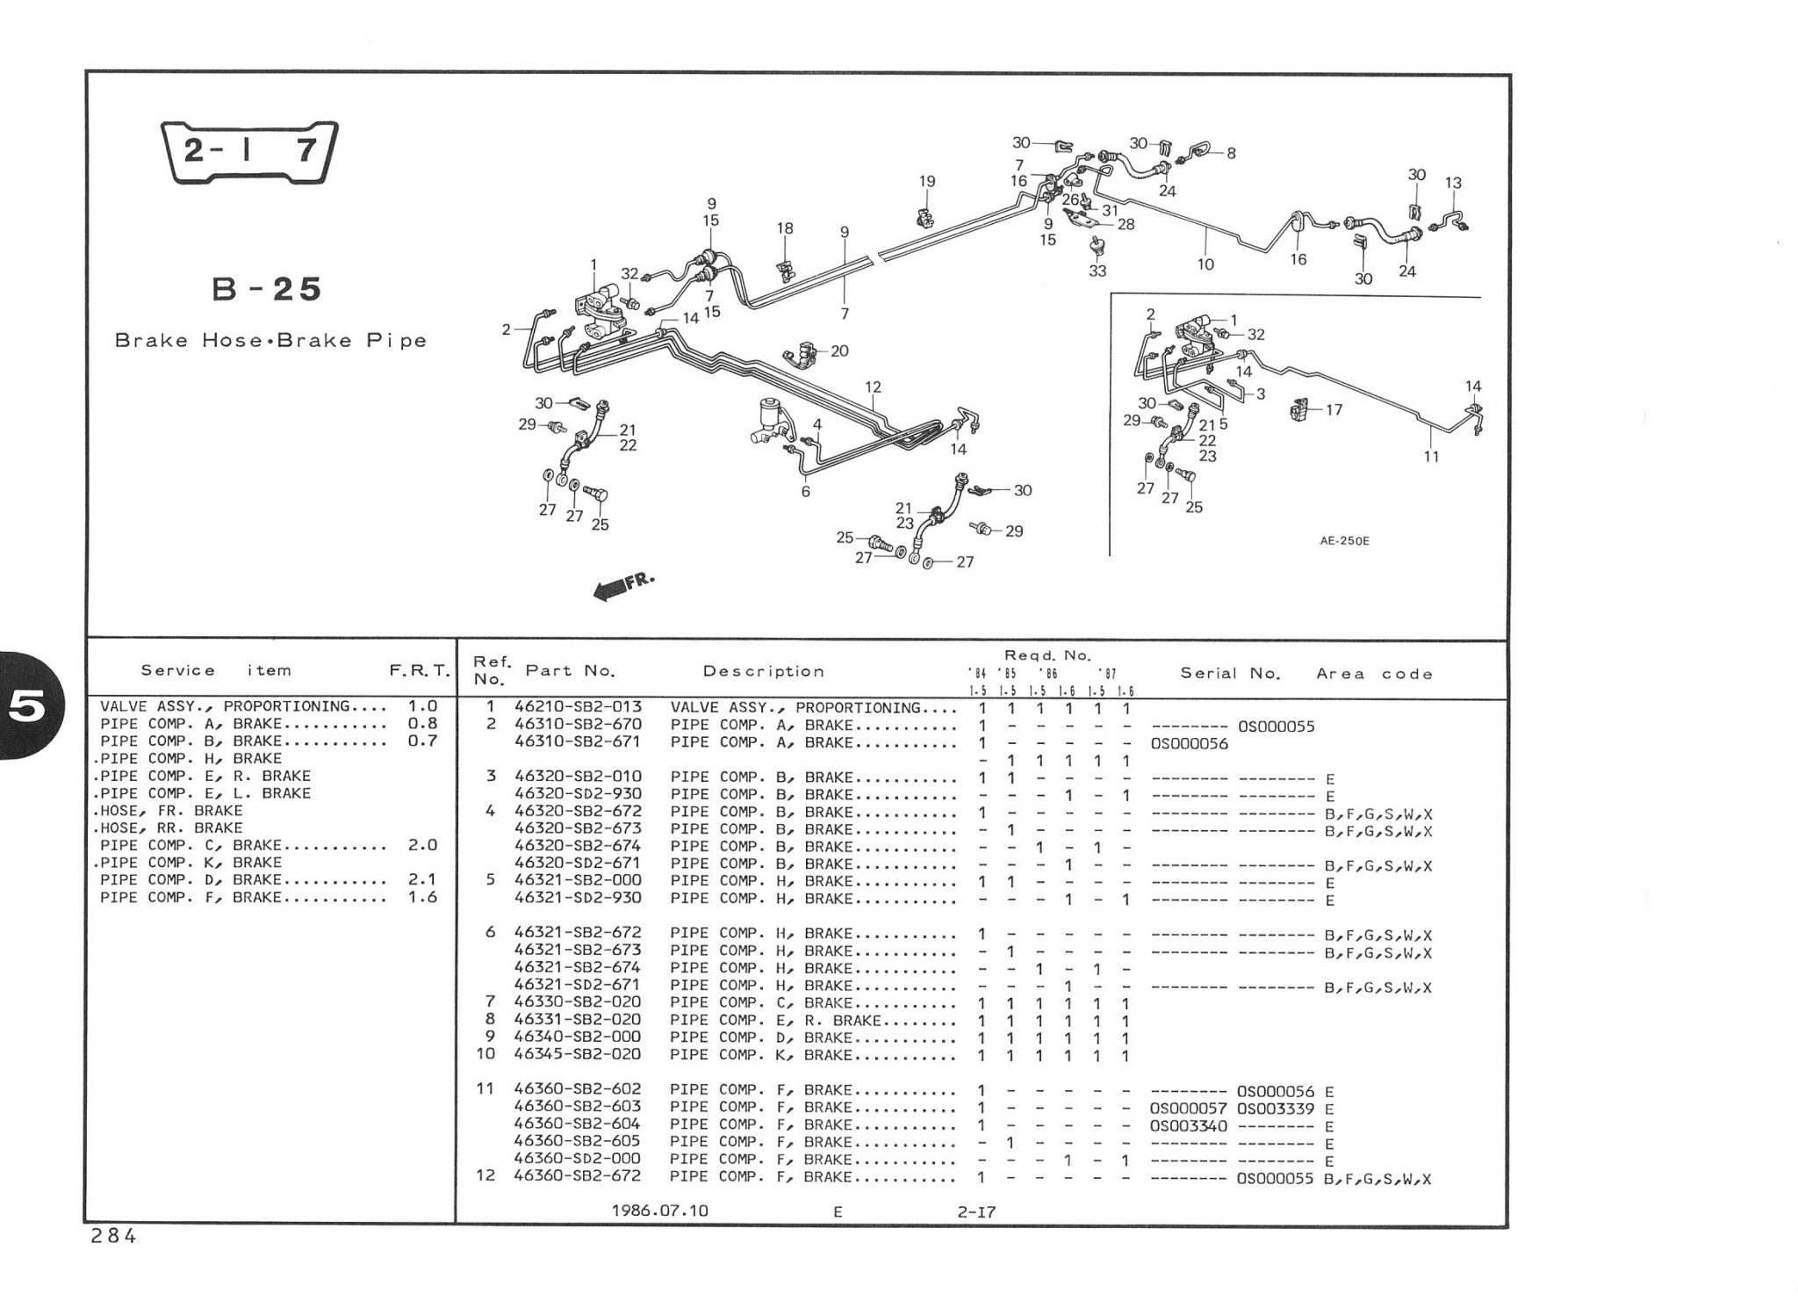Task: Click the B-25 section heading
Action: [x=268, y=289]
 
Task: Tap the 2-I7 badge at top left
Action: [x=250, y=152]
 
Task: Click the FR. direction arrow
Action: [x=624, y=587]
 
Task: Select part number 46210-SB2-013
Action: [x=578, y=707]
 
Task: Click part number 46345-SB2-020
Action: [x=578, y=1054]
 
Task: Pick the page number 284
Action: [x=113, y=1236]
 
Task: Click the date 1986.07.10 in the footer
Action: [x=660, y=1210]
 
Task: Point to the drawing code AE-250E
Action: [x=1344, y=541]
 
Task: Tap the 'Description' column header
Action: [x=764, y=672]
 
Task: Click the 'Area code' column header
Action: [x=1374, y=674]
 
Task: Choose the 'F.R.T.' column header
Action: [x=420, y=671]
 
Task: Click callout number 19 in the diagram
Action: [x=927, y=182]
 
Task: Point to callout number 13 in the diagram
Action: [x=1453, y=183]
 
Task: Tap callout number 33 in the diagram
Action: [x=1097, y=271]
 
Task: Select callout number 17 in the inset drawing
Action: [x=1334, y=409]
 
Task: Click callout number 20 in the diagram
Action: [x=839, y=351]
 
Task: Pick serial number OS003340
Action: [x=1188, y=1126]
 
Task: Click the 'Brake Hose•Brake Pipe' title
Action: [x=270, y=341]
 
